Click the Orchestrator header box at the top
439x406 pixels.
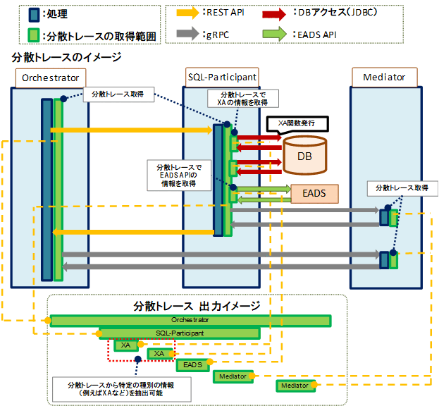click(x=50, y=77)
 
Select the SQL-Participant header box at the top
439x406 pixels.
click(x=222, y=77)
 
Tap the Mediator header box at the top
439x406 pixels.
click(x=384, y=77)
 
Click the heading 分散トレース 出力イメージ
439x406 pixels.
click(x=197, y=306)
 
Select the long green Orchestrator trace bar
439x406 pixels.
click(x=190, y=320)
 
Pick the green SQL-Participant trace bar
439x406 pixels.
click(x=180, y=333)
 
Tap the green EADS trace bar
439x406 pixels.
click(x=192, y=364)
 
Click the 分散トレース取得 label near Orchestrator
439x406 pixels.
click(x=118, y=94)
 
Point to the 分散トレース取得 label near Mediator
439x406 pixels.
click(x=402, y=188)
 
